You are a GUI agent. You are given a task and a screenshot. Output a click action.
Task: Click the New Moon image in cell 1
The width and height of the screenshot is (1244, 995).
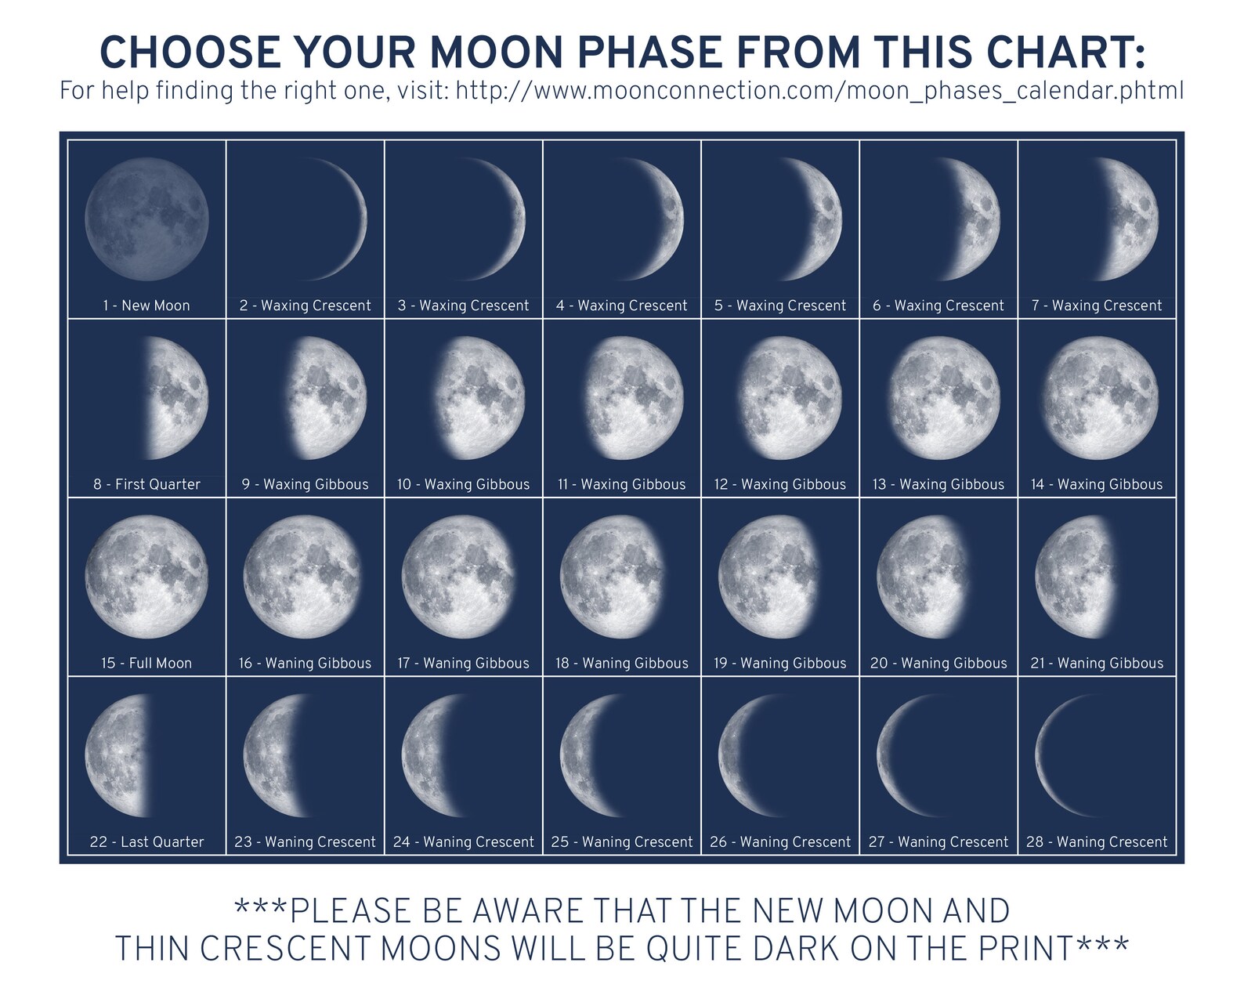146,219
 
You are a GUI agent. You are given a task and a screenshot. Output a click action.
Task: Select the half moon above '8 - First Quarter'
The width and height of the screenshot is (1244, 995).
177,397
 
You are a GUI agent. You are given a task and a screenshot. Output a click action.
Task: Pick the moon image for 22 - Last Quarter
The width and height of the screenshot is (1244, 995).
116,755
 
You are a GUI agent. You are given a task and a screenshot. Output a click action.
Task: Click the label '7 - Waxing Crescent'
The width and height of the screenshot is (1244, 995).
1097,306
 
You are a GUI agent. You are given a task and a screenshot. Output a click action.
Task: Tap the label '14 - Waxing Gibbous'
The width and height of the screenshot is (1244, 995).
1097,484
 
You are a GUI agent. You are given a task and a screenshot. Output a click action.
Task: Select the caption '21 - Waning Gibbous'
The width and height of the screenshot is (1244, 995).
1097,663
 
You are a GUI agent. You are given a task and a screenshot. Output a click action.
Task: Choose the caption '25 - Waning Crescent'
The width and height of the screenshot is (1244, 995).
622,842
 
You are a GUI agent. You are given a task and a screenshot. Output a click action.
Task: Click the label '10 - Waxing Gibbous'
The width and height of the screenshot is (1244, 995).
463,484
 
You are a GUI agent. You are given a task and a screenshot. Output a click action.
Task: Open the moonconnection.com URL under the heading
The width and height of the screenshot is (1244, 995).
819,91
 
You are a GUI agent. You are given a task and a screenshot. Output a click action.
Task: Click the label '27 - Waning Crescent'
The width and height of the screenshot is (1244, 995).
938,842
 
